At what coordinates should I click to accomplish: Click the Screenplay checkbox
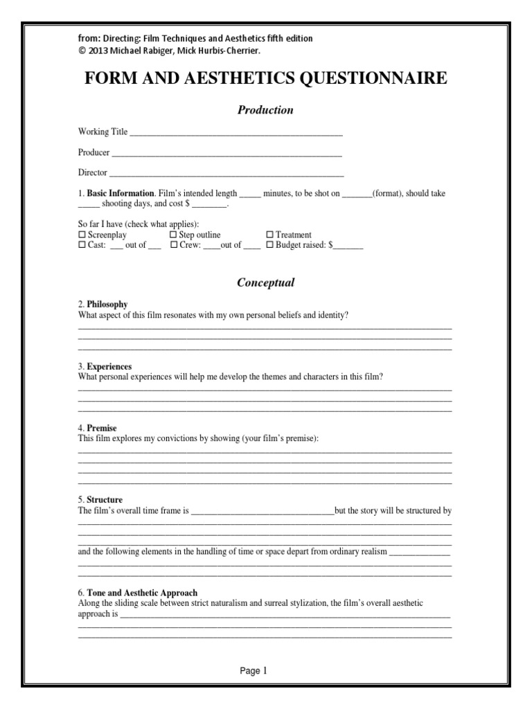pyautogui.click(x=82, y=235)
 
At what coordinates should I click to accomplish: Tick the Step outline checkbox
pyautogui.click(x=173, y=235)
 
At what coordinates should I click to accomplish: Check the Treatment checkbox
pyautogui.click(x=270, y=235)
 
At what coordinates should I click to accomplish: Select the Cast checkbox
pyautogui.click(x=82, y=245)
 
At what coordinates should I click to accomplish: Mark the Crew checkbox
pyautogui.click(x=173, y=245)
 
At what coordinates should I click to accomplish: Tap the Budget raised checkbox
pyautogui.click(x=270, y=245)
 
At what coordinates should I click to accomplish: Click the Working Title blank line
pyautogui.click(x=236, y=132)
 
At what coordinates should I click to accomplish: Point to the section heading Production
pyautogui.click(x=266, y=110)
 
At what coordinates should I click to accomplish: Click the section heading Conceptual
pyautogui.click(x=266, y=282)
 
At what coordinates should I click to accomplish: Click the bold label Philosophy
pyautogui.click(x=107, y=305)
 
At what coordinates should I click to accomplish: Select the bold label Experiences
pyautogui.click(x=109, y=366)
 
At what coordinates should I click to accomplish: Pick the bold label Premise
pyautogui.click(x=102, y=429)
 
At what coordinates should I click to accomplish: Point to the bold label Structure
pyautogui.click(x=105, y=500)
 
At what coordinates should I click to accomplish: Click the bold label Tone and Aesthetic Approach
pyautogui.click(x=142, y=593)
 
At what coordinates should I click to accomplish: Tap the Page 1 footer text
pyautogui.click(x=254, y=671)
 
